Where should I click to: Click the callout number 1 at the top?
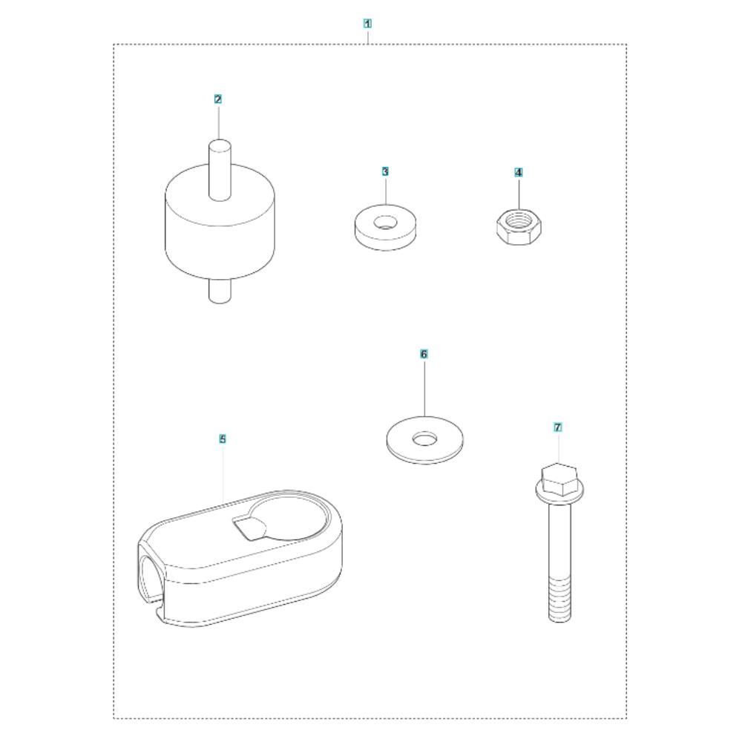click(367, 23)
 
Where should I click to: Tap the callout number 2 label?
click(217, 99)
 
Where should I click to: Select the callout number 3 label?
click(385, 171)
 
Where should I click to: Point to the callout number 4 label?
click(519, 172)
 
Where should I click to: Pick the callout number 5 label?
click(223, 439)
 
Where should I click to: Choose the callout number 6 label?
click(424, 354)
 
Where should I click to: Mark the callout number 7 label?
click(558, 427)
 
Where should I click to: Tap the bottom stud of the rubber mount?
click(220, 289)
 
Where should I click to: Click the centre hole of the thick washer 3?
click(385, 223)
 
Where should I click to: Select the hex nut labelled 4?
click(519, 228)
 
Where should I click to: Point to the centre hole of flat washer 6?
click(424, 439)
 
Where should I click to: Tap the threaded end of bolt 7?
click(559, 599)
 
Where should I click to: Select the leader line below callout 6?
click(424, 387)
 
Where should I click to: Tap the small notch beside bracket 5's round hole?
click(249, 528)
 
